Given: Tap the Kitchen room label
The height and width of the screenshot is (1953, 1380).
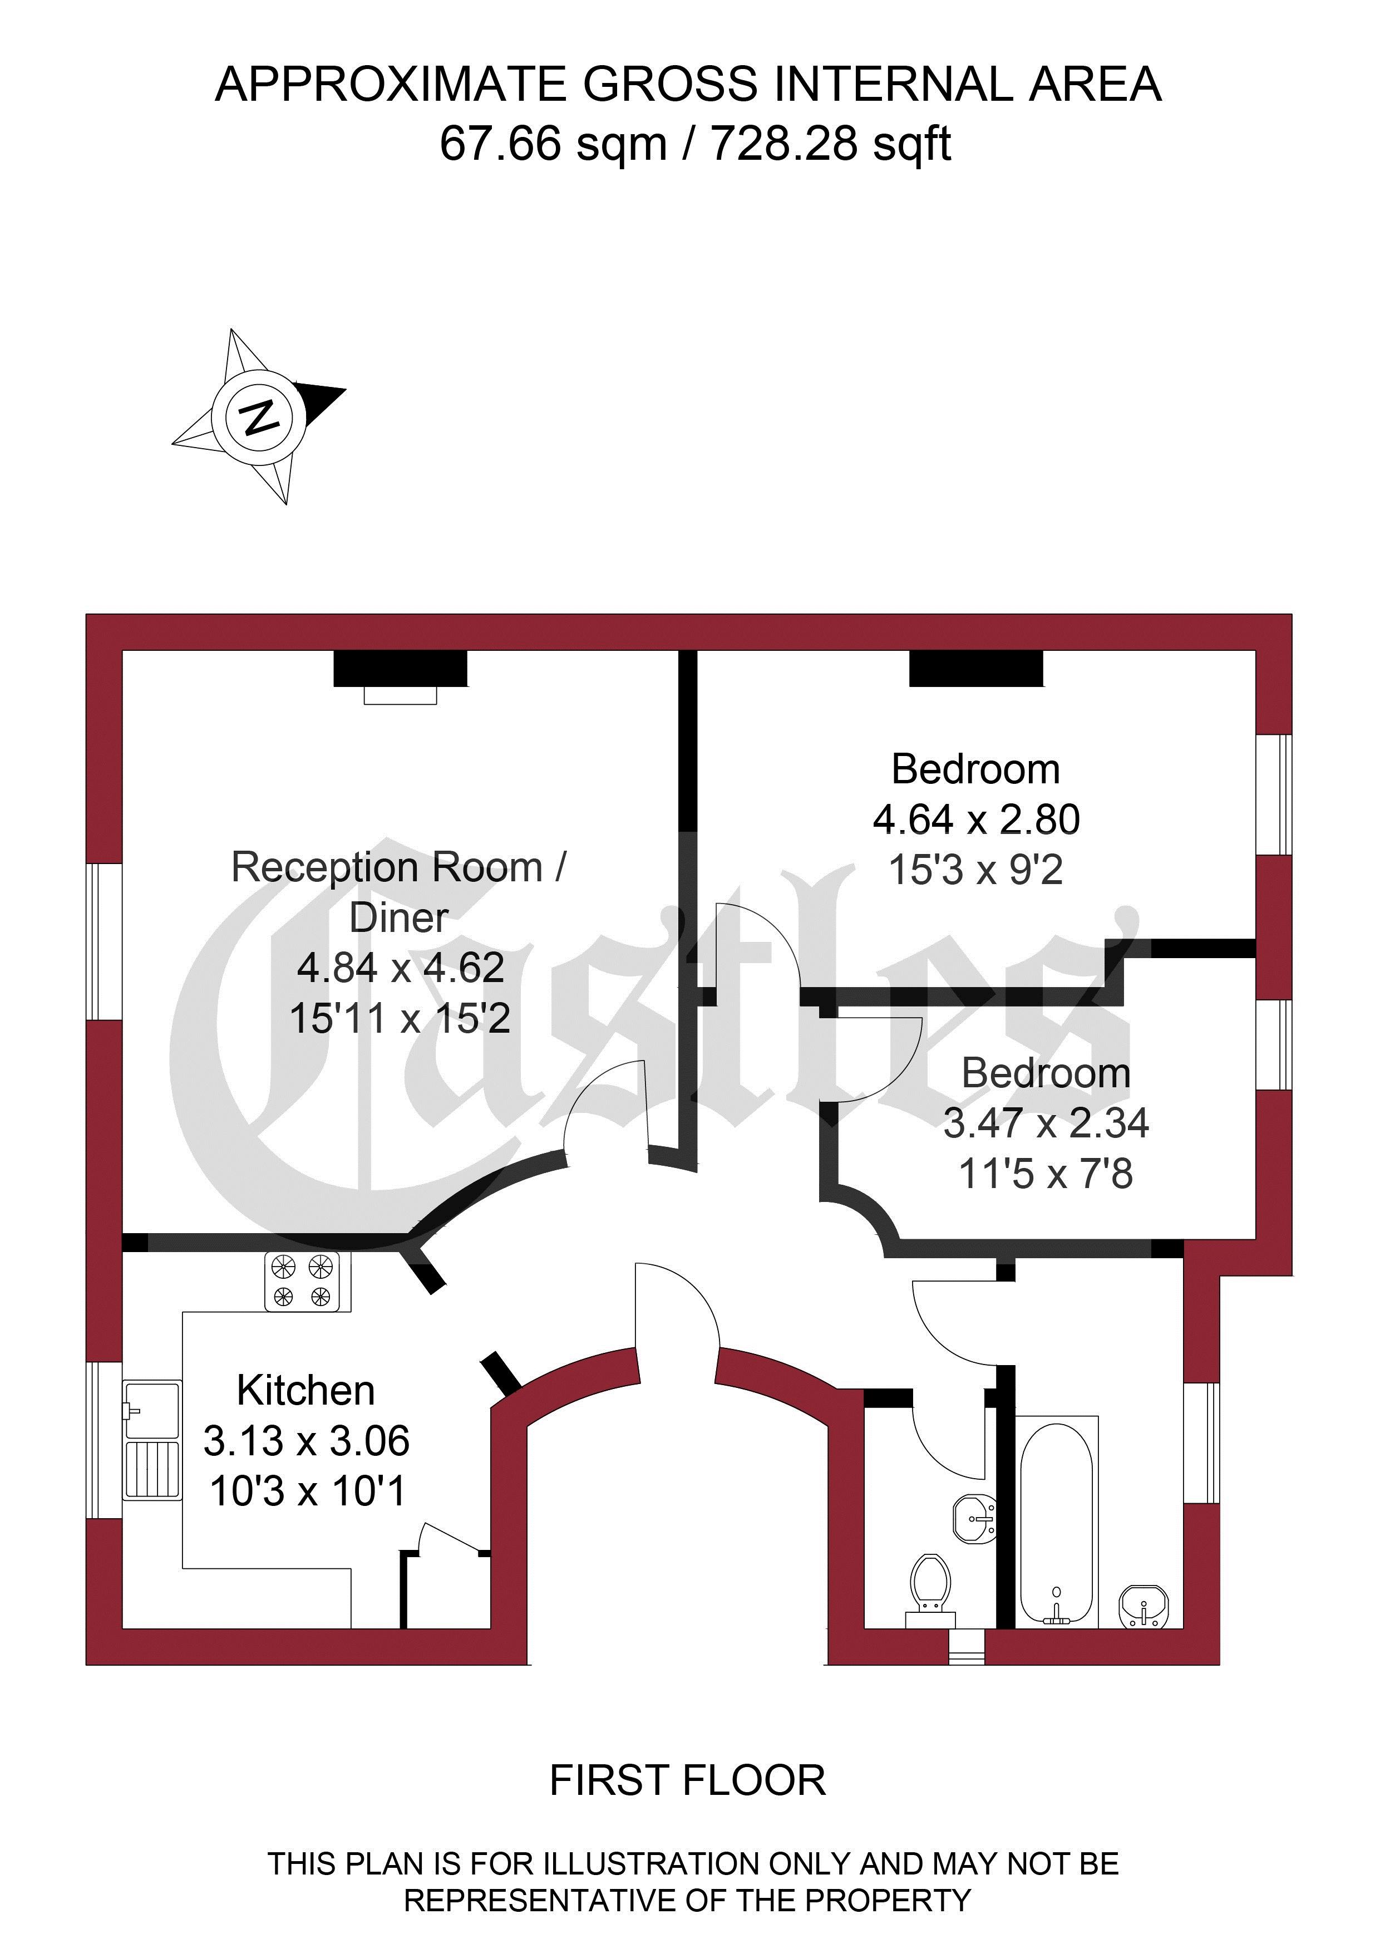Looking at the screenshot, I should pyautogui.click(x=305, y=1391).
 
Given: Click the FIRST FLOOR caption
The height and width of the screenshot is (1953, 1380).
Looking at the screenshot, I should pyautogui.click(x=688, y=1781).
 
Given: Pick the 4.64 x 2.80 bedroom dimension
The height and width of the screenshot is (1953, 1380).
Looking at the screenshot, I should pyautogui.click(x=976, y=819).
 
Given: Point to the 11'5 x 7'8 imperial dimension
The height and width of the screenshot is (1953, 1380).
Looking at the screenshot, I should pyautogui.click(x=1045, y=1174).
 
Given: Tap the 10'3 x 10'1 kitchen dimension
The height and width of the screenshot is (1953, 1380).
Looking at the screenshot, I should pyautogui.click(x=307, y=1491).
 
